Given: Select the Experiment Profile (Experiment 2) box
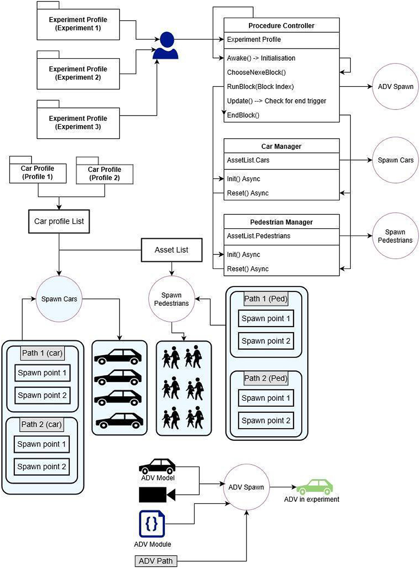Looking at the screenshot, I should coord(78,73).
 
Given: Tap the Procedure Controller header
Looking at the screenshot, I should coord(281,25).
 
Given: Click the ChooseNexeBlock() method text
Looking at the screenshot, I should coord(256,73).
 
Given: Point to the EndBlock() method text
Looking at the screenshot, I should coord(243,115).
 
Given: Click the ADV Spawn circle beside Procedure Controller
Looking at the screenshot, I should coord(395,87).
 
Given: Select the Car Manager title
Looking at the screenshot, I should coord(281,146).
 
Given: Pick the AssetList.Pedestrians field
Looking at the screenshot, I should coord(258,236).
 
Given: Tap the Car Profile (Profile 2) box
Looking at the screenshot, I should coord(104,173).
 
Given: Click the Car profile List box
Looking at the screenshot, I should coord(59,221).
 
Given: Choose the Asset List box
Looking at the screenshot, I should coord(171,250).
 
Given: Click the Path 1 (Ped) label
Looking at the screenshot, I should coord(266,299).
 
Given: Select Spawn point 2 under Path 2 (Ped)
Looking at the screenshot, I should coord(266,420).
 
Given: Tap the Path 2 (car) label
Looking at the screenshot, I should coord(42,424).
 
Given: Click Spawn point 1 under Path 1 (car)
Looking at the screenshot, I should coord(42,373).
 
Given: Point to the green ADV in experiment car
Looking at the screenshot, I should coord(314,487).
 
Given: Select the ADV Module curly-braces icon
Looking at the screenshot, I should coord(152,524).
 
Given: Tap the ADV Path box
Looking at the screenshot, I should coord(155,561).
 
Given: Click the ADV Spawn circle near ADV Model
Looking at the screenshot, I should coord(246,487).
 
